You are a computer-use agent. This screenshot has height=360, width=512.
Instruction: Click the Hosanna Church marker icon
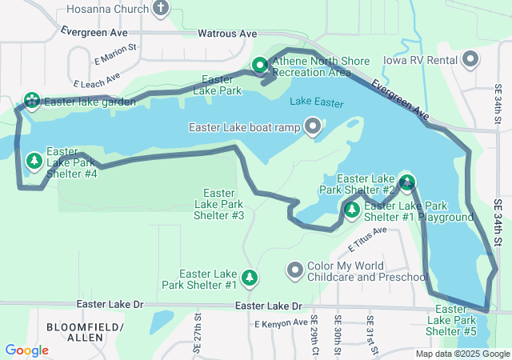[161, 9]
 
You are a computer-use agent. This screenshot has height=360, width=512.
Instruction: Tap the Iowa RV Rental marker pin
[470, 59]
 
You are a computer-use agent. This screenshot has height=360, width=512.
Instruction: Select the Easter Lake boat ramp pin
[312, 127]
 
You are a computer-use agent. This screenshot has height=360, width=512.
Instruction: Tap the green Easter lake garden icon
[31, 101]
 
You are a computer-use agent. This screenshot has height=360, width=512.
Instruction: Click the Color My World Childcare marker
[295, 271]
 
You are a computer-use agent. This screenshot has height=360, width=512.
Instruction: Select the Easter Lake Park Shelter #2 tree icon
[407, 183]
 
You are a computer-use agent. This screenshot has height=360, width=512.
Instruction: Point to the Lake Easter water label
[317, 102]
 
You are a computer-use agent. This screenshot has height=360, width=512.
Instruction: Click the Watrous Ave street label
[227, 34]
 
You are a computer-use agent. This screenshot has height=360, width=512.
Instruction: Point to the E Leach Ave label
[96, 79]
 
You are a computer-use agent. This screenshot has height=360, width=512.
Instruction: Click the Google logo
[26, 350]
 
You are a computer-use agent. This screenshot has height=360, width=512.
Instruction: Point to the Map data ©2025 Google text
[462, 354]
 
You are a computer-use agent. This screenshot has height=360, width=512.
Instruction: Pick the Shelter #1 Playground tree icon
[351, 210]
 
